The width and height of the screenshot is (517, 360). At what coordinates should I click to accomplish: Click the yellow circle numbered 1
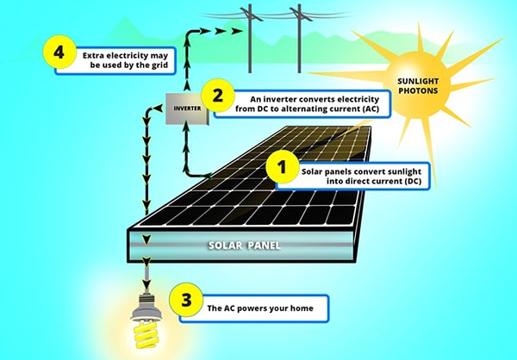click(278, 164)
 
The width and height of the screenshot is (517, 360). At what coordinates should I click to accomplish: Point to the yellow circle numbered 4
click(59, 52)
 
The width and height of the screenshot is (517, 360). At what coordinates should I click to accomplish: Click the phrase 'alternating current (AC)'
click(341, 111)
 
